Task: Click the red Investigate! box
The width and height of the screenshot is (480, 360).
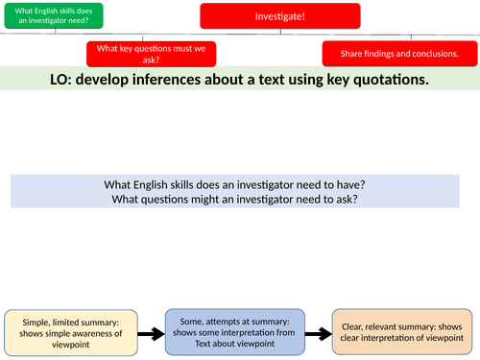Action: click(280, 16)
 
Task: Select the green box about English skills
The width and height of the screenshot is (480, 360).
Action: click(51, 15)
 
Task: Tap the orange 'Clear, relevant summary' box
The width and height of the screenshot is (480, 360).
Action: click(401, 333)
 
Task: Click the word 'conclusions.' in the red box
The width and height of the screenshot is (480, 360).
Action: click(434, 54)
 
